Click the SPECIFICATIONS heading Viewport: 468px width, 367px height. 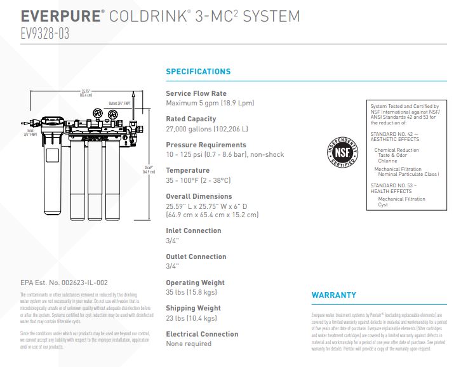click(198, 72)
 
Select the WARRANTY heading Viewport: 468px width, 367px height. click(333, 295)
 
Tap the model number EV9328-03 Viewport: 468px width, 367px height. click(44, 34)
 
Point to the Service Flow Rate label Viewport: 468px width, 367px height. click(196, 93)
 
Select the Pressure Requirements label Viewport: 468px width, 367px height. click(206, 145)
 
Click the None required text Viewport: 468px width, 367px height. click(189, 344)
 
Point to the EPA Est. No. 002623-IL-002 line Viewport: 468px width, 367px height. click(64, 283)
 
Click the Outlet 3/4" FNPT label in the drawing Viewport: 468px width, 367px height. click(119, 103)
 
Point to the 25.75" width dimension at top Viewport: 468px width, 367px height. click(86, 93)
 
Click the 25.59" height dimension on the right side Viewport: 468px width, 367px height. click(149, 170)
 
